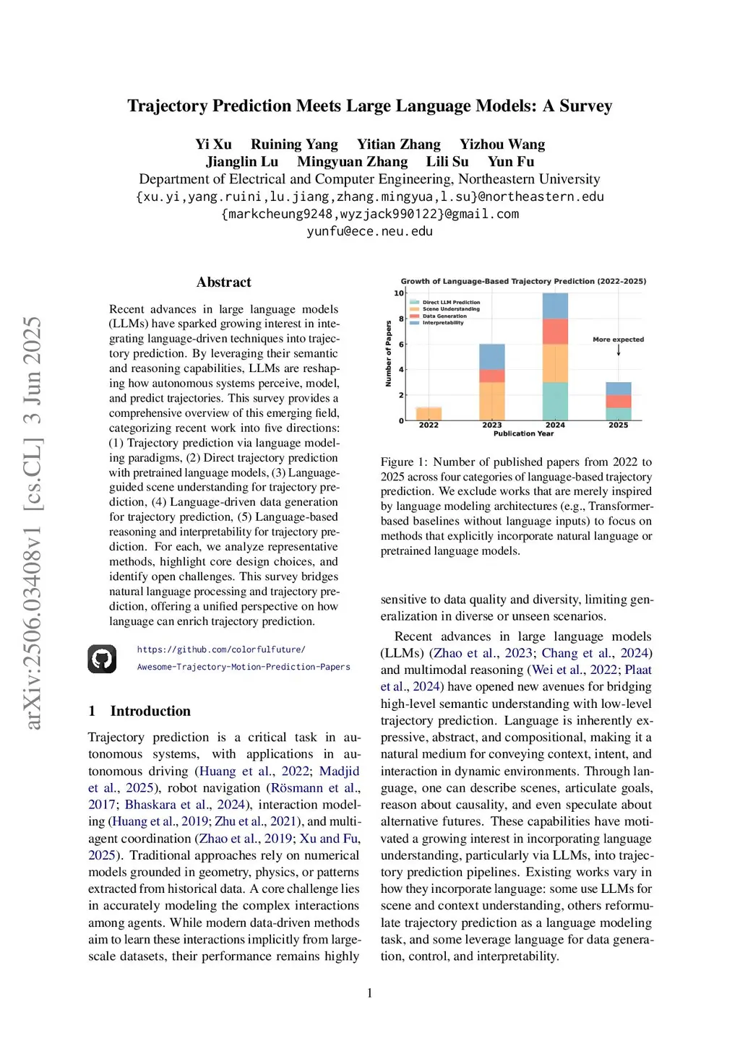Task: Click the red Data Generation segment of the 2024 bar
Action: [x=555, y=332]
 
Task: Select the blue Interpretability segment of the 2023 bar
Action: [x=492, y=357]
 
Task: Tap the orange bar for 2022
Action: [x=429, y=414]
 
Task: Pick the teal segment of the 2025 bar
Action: [x=619, y=414]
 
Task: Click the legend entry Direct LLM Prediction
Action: [x=451, y=303]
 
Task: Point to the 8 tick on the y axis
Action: [x=401, y=319]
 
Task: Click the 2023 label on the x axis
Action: [x=492, y=425]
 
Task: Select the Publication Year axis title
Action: [x=523, y=433]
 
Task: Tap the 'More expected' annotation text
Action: [x=618, y=340]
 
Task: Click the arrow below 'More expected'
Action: [x=619, y=350]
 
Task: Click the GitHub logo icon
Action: [x=102, y=659]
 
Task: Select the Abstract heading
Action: [x=224, y=282]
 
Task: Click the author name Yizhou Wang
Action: [x=502, y=144]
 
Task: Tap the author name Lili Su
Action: [x=447, y=162]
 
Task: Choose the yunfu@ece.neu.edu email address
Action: [x=369, y=231]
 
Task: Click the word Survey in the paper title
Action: [x=585, y=106]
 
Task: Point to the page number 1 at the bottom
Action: [x=370, y=993]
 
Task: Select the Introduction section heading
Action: [x=150, y=711]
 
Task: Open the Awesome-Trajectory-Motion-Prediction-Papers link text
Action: [x=244, y=667]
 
